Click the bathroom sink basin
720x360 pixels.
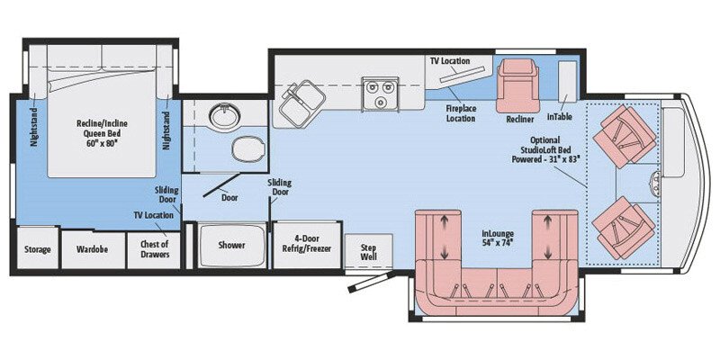[x=220, y=116]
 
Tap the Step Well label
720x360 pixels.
[x=368, y=250]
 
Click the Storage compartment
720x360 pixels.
[x=37, y=249]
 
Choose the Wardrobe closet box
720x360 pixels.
[x=92, y=249]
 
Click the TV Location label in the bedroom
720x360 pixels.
[x=152, y=215]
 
